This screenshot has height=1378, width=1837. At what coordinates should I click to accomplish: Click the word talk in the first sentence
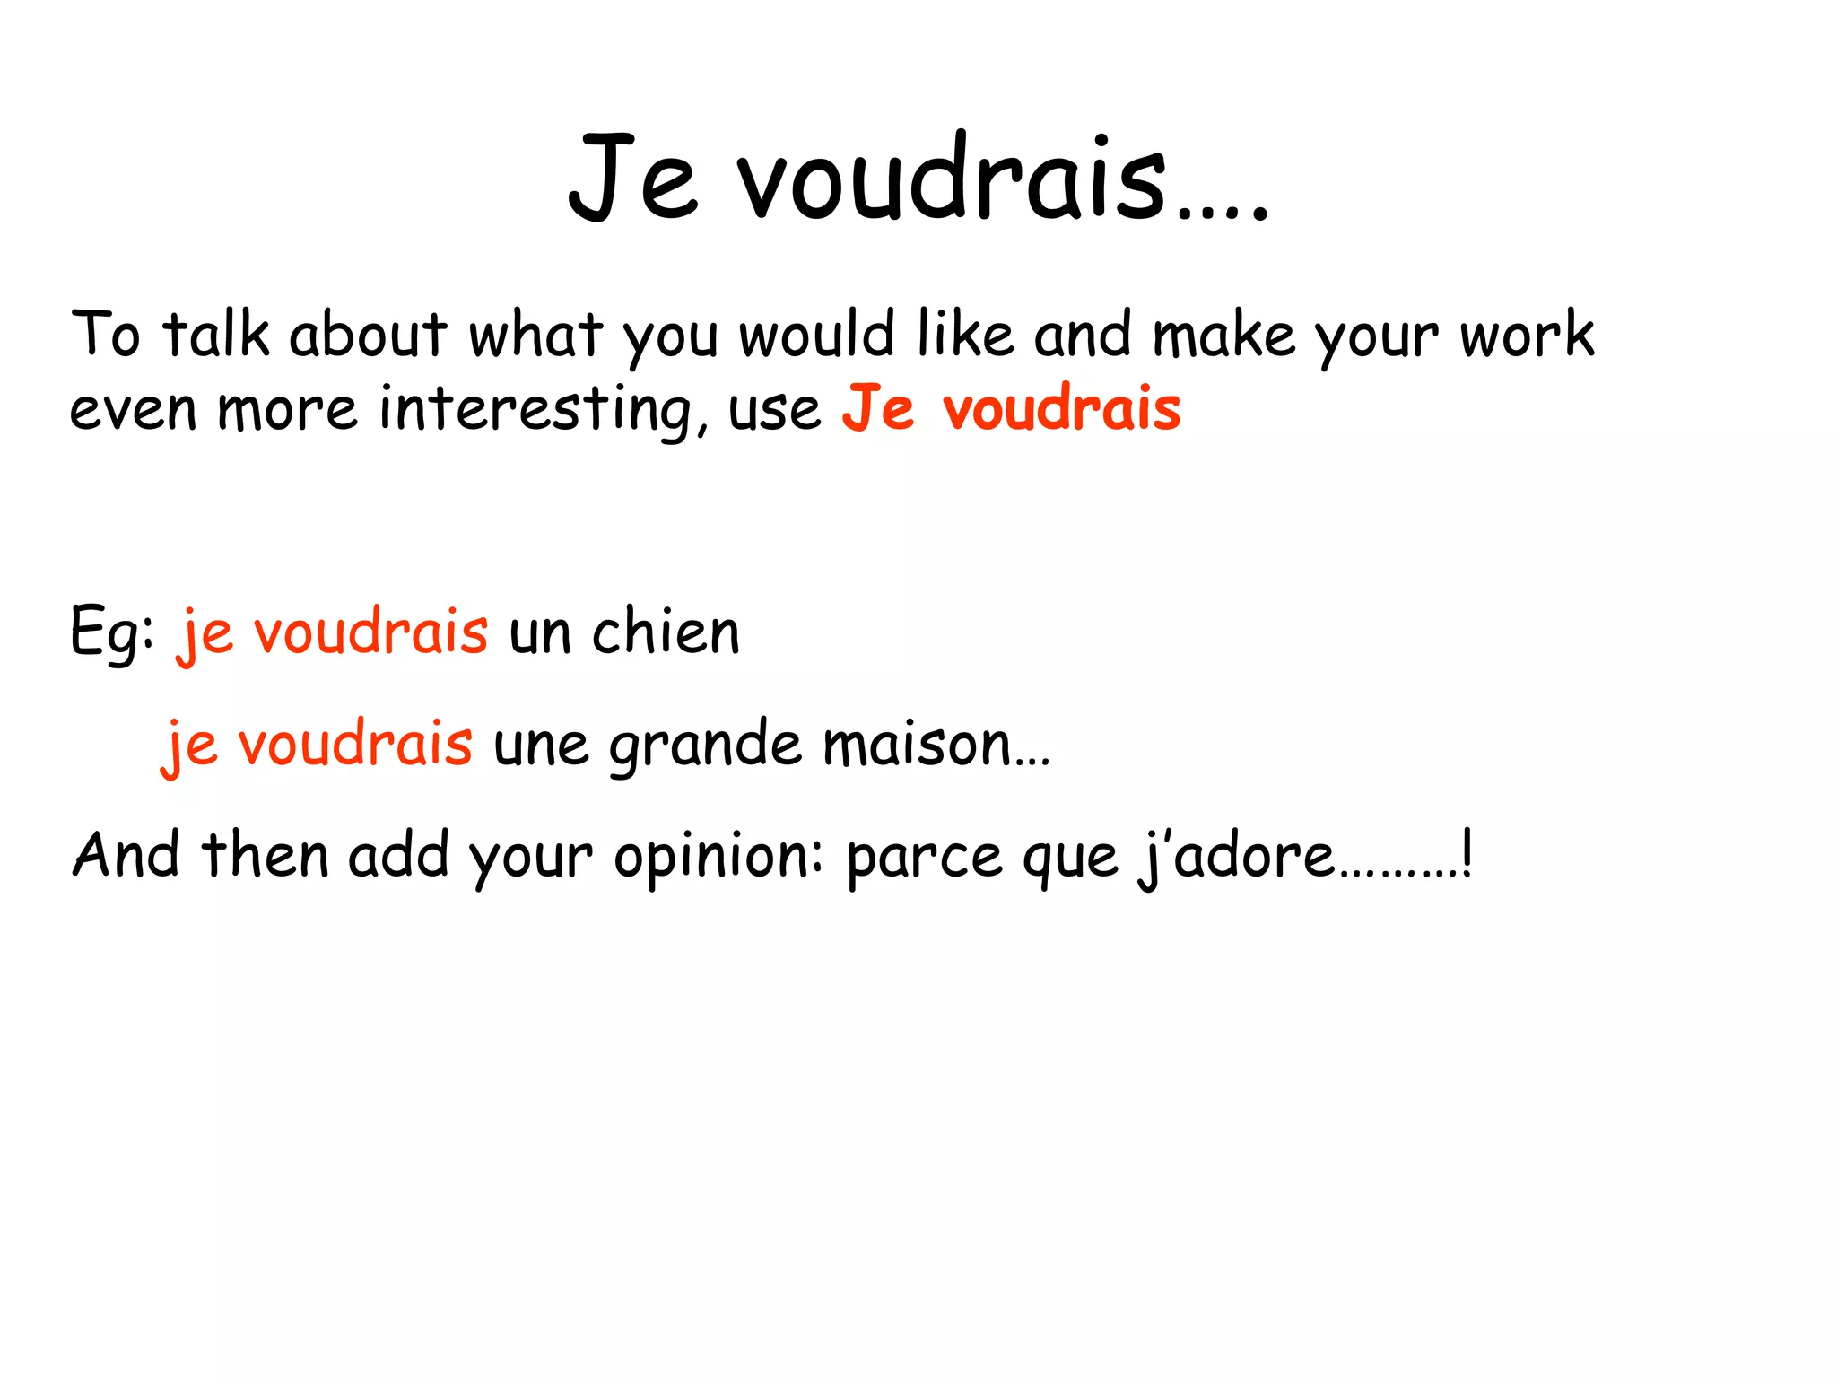[x=215, y=335]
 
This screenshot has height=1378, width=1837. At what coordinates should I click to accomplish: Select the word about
[x=368, y=335]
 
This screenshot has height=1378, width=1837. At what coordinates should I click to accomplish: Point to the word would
[x=816, y=335]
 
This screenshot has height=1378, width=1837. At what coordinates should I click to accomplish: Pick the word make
[x=1223, y=335]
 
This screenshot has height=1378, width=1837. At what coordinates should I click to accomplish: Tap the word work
[x=1527, y=335]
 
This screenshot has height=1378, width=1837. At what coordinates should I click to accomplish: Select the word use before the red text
[x=774, y=412]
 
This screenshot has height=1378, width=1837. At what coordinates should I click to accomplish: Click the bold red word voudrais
[x=1061, y=408]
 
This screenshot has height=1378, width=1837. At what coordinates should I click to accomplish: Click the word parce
[x=924, y=857]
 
